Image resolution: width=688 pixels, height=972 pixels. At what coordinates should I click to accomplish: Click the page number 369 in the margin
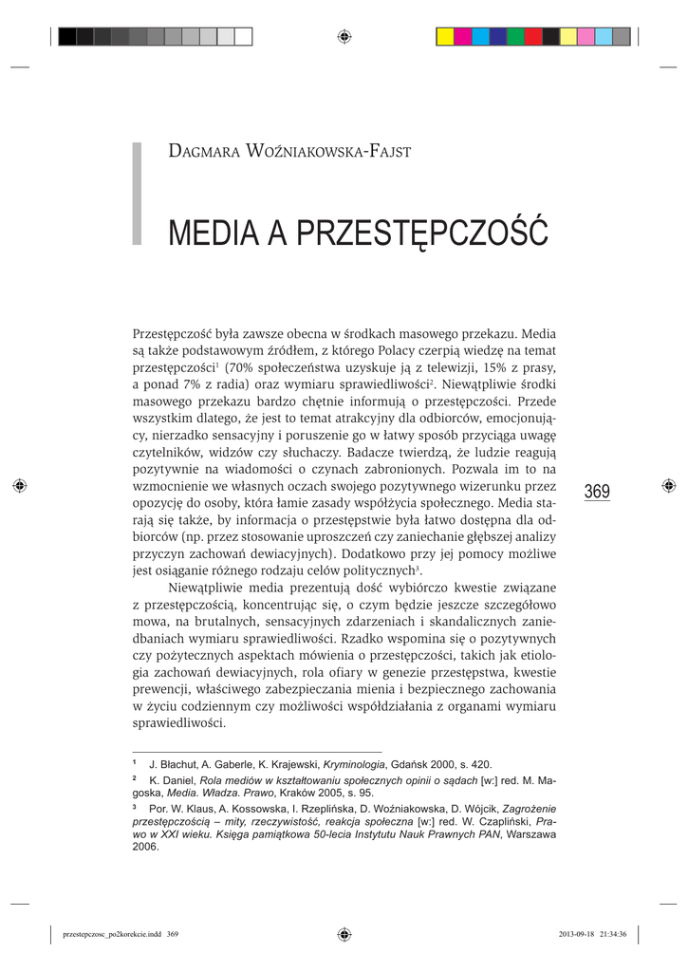[597, 492]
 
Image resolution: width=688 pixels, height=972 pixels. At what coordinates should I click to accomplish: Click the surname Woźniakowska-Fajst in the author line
[323, 153]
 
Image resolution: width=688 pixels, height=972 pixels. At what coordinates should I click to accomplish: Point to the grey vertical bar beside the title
[137, 194]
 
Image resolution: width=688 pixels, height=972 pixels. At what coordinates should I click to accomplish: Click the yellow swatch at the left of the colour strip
[444, 37]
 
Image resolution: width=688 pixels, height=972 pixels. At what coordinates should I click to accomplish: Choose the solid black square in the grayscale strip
[67, 37]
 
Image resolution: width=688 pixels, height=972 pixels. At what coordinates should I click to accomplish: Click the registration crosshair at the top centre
[344, 37]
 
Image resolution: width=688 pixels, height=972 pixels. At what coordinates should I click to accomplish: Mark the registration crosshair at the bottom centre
[344, 934]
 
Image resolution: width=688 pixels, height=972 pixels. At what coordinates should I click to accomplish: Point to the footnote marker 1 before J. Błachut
[134, 763]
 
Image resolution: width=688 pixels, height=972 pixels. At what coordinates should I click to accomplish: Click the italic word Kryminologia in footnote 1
[354, 764]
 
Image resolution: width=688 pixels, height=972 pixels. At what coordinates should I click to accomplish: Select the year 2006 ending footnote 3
[146, 848]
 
